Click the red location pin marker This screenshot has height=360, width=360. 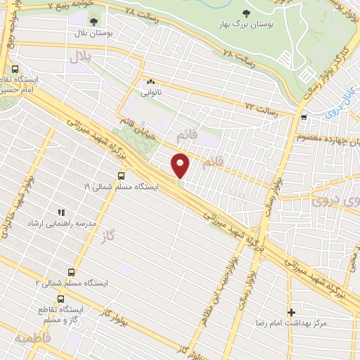coord(181,165)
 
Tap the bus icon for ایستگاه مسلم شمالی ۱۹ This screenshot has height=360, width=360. coord(121,176)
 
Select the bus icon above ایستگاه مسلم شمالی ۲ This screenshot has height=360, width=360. coord(71,271)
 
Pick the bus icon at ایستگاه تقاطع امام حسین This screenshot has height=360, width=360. coord(15,70)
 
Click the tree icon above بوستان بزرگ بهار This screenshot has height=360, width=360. coord(245,13)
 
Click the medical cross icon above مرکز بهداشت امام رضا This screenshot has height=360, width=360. coord(291,311)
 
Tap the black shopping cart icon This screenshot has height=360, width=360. coord(303,117)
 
